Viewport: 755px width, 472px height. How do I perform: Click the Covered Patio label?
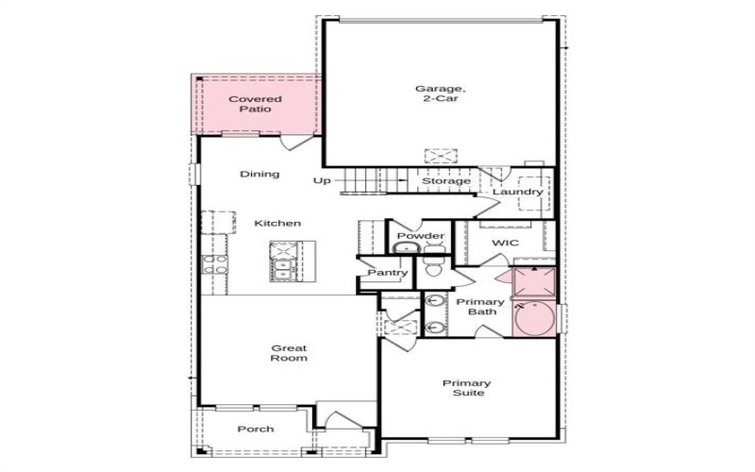pos(255,104)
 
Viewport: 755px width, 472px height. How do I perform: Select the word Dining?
pos(260,174)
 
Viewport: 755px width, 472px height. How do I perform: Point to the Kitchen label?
pos(277,223)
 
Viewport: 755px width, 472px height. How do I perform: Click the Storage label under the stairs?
pos(446,181)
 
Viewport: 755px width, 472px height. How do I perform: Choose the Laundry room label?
pos(517,192)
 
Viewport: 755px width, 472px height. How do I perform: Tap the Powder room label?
pos(420,235)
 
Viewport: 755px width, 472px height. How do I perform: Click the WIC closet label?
pos(505,243)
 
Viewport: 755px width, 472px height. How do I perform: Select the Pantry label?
pos(388,273)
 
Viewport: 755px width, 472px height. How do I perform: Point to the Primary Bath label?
pos(480,307)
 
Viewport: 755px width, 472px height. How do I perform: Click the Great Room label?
pos(289,353)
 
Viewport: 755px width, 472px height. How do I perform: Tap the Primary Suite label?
pos(467,388)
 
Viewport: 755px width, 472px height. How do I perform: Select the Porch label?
pos(256,430)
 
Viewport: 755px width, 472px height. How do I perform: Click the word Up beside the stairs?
pos(322,181)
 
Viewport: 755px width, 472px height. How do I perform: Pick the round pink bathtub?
pos(534,318)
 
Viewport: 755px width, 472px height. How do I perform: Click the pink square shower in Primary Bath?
pos(534,283)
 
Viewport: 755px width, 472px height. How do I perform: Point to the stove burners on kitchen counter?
pos(215,264)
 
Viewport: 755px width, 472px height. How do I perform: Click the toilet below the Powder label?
pos(434,266)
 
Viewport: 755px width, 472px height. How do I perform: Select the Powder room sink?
pos(406,247)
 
